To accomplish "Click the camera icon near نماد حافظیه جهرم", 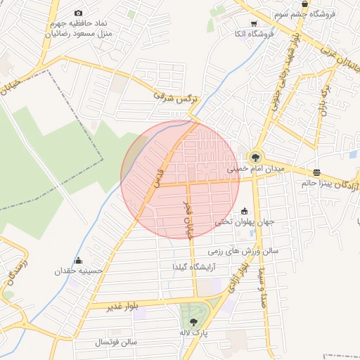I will coord(78,13).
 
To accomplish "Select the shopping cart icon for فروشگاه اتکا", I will coord(254,23).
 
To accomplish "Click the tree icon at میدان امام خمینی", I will coord(254,157).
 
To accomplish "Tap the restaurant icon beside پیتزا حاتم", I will coord(316,172).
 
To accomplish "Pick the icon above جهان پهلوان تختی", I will coord(244,210).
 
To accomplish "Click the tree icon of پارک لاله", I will coord(195,321).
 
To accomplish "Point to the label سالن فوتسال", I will coord(117,342).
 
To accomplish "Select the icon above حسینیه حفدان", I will coord(78,260).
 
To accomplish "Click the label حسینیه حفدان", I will coord(79,271).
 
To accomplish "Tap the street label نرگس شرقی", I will coord(174,96).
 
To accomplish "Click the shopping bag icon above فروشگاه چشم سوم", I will coord(304,4).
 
